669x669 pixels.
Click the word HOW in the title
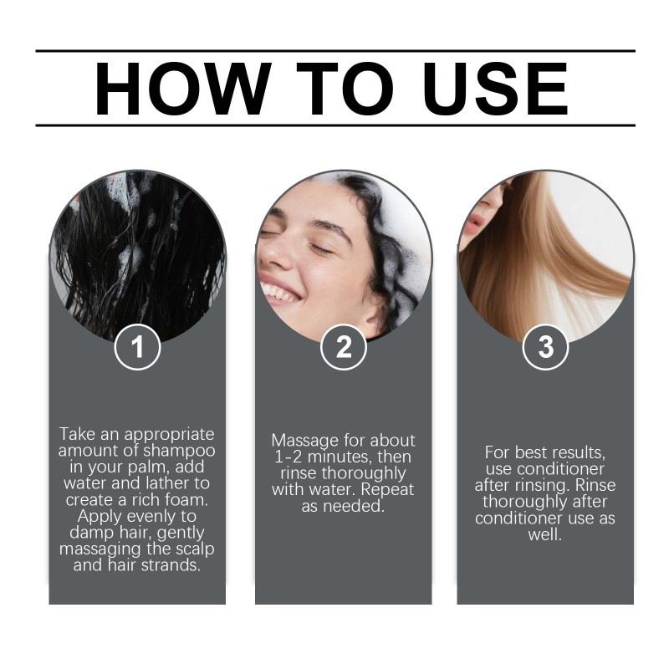pyautogui.click(x=183, y=89)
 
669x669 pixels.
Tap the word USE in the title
pyautogui.click(x=495, y=89)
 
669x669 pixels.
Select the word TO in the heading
pyautogui.click(x=345, y=89)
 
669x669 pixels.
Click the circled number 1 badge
pyautogui.click(x=137, y=346)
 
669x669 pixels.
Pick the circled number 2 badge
pyautogui.click(x=344, y=346)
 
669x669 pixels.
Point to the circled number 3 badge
pyautogui.click(x=545, y=346)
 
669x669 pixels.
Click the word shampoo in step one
pyautogui.click(x=179, y=451)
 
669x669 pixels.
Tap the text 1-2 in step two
pyautogui.click(x=288, y=457)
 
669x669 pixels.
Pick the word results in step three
pyautogui.click(x=576, y=452)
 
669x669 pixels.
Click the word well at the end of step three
pyautogui.click(x=545, y=534)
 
